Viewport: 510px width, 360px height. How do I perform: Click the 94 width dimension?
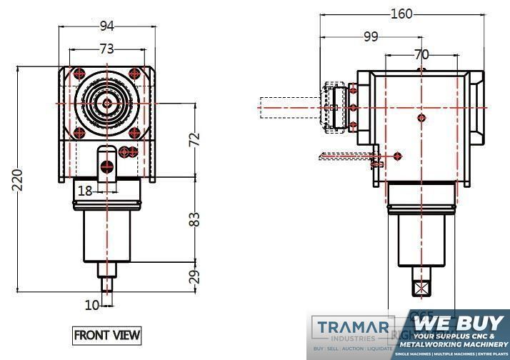tap(107, 27)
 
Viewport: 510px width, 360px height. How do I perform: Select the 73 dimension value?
tap(107, 49)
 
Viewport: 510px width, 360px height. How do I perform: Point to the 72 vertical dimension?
tap(194, 140)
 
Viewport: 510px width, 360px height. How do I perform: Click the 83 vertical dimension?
tap(194, 219)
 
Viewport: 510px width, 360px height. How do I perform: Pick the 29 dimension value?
tap(194, 277)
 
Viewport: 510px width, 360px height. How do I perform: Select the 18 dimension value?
tap(85, 191)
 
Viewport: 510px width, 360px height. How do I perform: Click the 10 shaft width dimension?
tap(92, 306)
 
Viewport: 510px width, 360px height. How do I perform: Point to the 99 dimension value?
tap(370, 38)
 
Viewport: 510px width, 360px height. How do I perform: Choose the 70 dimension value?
tap(421, 54)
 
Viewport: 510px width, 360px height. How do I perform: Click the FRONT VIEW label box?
tap(107, 334)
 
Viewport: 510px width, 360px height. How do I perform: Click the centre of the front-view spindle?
tap(107, 104)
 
